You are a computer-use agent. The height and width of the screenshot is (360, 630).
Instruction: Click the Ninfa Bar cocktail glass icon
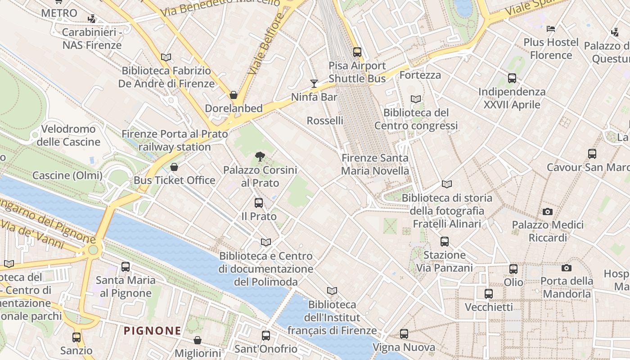(x=314, y=83)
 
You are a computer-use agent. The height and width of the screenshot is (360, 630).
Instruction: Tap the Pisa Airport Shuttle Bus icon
(x=357, y=52)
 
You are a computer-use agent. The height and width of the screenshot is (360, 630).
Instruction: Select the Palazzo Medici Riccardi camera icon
(x=548, y=211)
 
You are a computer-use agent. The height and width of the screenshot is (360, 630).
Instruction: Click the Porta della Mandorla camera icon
(x=567, y=268)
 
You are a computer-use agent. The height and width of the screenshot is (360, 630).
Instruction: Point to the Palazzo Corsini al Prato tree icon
(x=260, y=157)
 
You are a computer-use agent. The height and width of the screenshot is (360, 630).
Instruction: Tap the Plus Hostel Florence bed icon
(x=551, y=29)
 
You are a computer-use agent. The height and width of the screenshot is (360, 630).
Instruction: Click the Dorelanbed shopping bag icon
(x=234, y=95)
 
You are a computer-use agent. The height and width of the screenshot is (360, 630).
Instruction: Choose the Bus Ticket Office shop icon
(x=174, y=167)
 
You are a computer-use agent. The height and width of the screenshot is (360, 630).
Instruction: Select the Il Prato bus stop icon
(x=259, y=203)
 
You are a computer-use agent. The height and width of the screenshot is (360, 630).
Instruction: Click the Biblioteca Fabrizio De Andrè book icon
(x=166, y=57)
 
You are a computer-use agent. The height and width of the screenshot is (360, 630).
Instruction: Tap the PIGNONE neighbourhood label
(x=153, y=331)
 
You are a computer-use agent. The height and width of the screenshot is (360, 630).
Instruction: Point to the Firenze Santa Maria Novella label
(x=375, y=164)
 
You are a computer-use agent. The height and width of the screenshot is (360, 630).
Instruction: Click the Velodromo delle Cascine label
(x=68, y=135)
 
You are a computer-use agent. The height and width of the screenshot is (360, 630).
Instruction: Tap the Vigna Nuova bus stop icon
(x=404, y=334)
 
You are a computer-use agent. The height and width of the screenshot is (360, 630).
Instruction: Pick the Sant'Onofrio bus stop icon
(x=266, y=336)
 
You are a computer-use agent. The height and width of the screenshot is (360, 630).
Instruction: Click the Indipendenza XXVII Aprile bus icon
(x=512, y=78)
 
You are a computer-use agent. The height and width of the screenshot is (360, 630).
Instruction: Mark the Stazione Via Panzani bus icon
(x=445, y=242)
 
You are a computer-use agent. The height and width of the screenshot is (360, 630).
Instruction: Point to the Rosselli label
(x=325, y=121)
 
